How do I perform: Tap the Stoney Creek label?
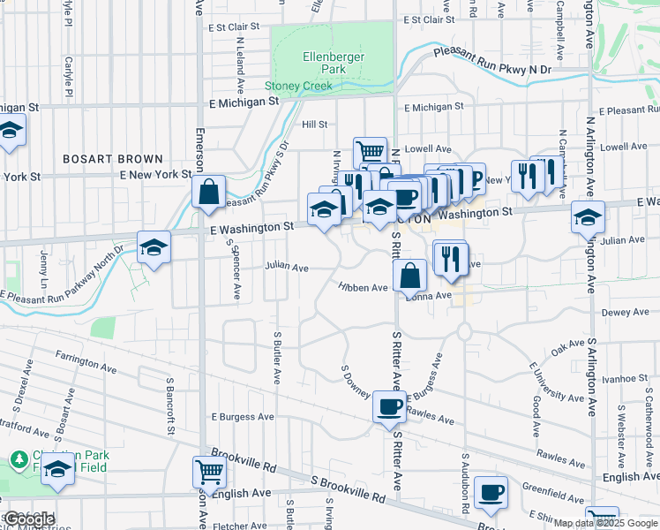(x=299, y=87)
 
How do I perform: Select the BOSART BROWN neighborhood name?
(x=113, y=159)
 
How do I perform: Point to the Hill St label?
(x=315, y=125)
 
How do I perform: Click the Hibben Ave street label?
(x=364, y=287)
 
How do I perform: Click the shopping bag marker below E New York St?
(x=208, y=192)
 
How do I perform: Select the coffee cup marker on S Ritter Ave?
(x=389, y=408)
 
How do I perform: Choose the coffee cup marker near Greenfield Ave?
(x=491, y=493)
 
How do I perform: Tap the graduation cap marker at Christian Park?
(x=57, y=469)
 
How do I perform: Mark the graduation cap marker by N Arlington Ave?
(x=588, y=216)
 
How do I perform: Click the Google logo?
(x=28, y=519)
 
